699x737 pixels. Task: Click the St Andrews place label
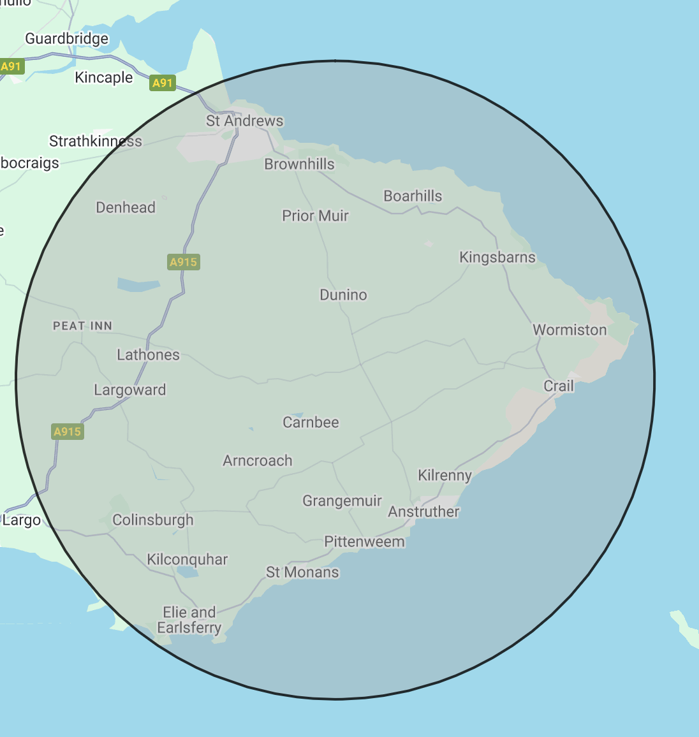pos(244,120)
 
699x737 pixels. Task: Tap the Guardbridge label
pos(67,39)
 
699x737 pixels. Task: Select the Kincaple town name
pos(104,78)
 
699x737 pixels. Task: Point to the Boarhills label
pos(413,196)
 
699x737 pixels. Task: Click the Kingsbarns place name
pos(497,257)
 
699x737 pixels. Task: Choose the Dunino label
pos(343,295)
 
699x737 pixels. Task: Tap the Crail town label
pos(559,386)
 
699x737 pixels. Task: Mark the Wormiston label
pos(570,330)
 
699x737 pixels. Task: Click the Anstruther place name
pos(423,511)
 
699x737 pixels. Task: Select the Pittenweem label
pos(364,542)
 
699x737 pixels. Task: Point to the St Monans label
pos(302,572)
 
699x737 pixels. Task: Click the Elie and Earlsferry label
pos(189,620)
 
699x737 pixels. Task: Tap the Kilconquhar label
pos(187,559)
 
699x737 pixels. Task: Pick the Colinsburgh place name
pos(152,520)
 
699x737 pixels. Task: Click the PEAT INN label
pos(82,326)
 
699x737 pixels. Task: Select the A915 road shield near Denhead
pos(184,262)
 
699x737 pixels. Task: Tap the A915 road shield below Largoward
pos(68,432)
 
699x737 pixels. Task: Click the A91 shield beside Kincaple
pos(163,83)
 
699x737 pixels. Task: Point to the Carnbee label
pos(311,422)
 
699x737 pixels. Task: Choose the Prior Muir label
pos(315,215)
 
